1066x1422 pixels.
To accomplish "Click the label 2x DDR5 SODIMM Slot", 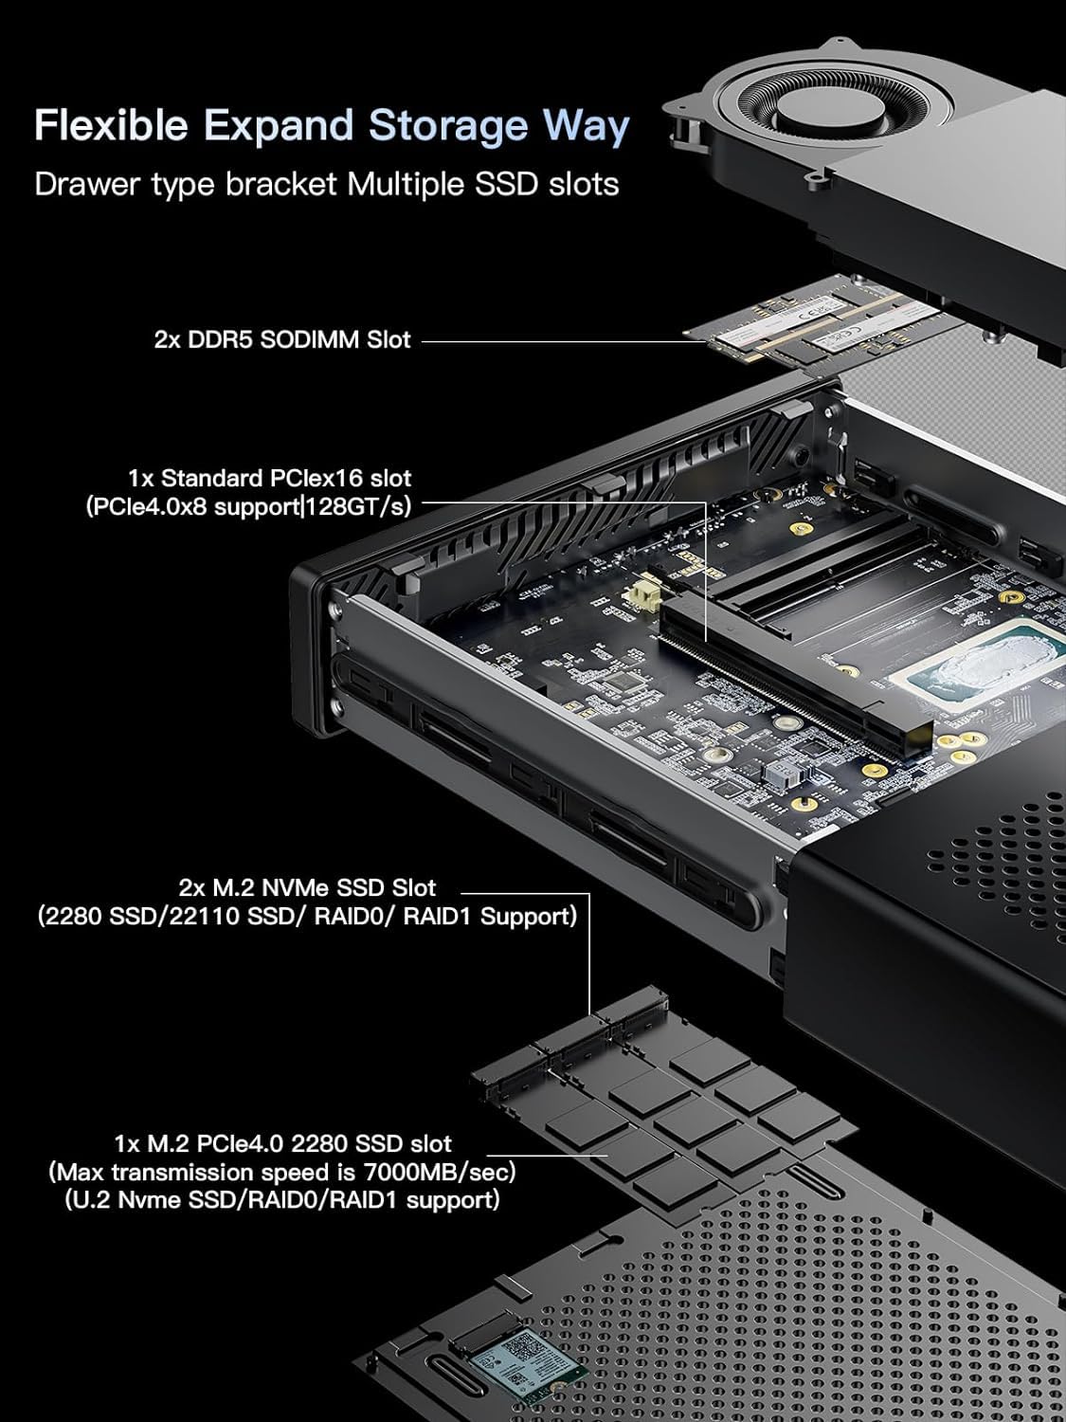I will coord(282,338).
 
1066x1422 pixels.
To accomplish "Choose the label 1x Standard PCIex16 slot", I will coord(270,477).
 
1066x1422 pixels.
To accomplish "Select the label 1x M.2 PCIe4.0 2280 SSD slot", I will coord(282,1144).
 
